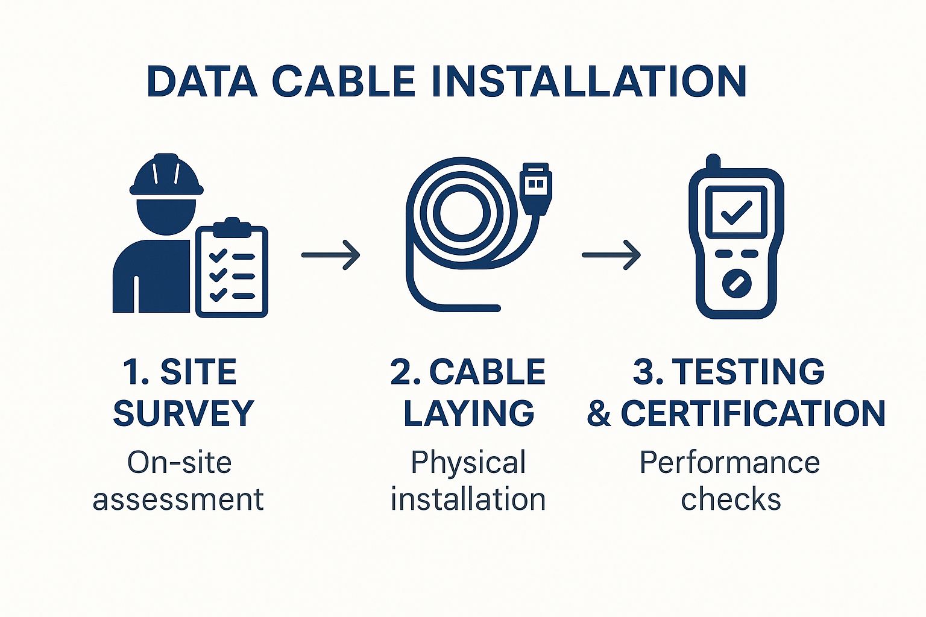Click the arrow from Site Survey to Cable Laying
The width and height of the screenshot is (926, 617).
click(x=331, y=255)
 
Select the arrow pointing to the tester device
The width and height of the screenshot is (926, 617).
click(x=611, y=255)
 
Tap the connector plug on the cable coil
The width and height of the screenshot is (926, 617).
click(x=537, y=189)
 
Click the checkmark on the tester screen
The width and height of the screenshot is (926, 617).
click(x=736, y=212)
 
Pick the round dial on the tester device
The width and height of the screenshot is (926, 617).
click(x=737, y=284)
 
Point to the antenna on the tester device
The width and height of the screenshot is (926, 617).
click(x=714, y=161)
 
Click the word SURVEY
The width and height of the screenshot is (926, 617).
click(x=183, y=413)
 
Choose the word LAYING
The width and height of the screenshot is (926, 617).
click(x=469, y=413)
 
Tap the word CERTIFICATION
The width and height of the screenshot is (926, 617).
click(x=753, y=413)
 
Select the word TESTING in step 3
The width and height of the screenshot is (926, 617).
click(x=748, y=371)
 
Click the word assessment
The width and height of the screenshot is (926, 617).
click(x=178, y=500)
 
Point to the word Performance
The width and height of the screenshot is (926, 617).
click(x=729, y=463)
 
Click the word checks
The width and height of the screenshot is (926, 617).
click(x=731, y=499)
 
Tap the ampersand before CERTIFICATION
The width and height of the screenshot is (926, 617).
click(x=599, y=413)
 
